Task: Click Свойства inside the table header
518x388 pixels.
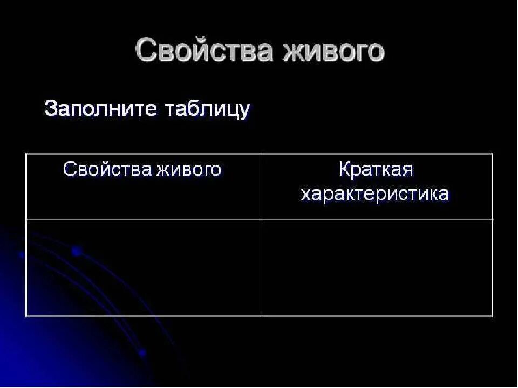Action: pyautogui.click(x=107, y=169)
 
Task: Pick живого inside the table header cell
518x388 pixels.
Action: pyautogui.click(x=189, y=169)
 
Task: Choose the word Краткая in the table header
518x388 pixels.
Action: pyautogui.click(x=376, y=169)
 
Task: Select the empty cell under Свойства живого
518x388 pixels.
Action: pyautogui.click(x=143, y=268)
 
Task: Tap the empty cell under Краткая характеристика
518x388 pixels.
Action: pyautogui.click(x=376, y=268)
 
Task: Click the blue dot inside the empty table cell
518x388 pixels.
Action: pyautogui.click(x=76, y=251)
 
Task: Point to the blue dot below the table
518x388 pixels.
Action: pyautogui.click(x=142, y=354)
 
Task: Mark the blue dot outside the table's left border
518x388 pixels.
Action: pyautogui.click(x=22, y=255)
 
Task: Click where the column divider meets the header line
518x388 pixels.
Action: pyautogui.click(x=260, y=219)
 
